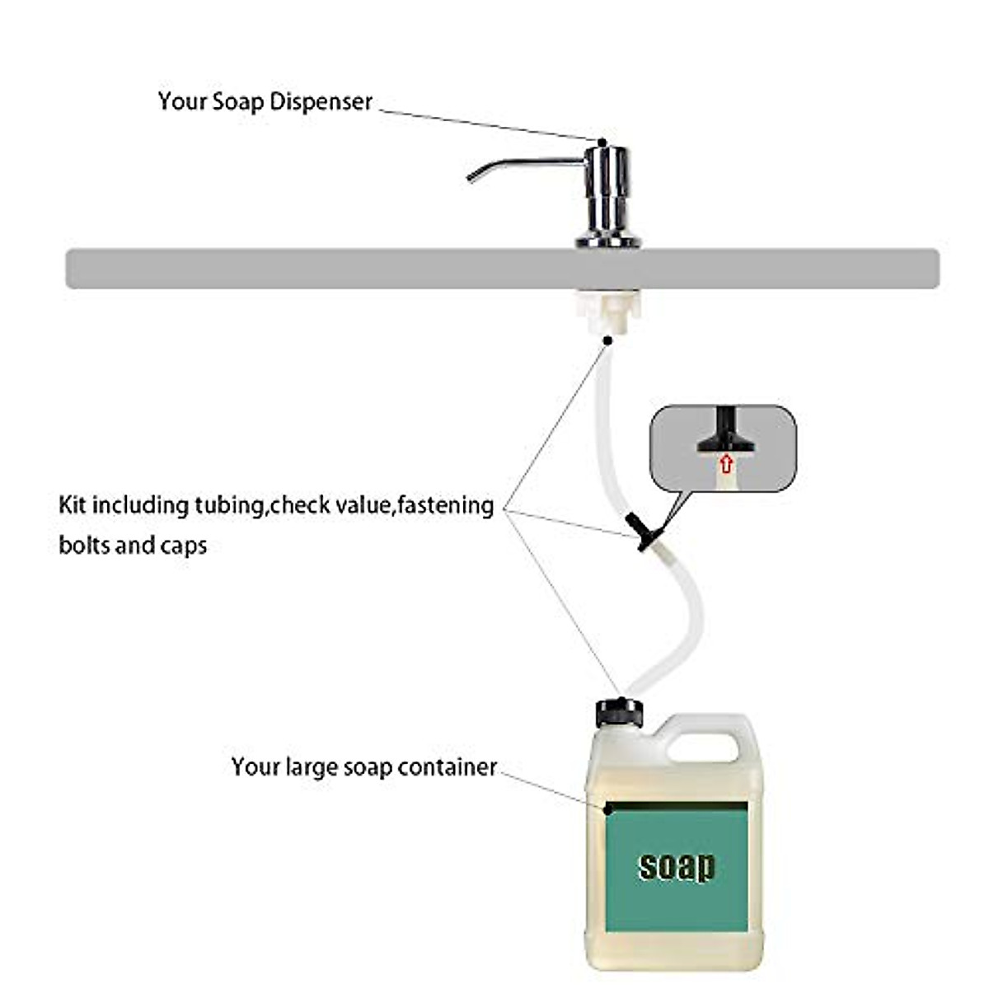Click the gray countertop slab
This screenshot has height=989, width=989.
tap(330, 269)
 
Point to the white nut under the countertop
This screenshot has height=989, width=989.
tap(607, 311)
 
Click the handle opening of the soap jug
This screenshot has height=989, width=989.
tap(702, 746)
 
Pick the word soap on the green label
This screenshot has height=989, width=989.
tap(677, 866)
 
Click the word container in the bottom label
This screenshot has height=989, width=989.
tap(447, 766)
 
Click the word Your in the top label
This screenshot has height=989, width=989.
tap(182, 101)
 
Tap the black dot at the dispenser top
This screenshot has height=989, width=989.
tap(602, 142)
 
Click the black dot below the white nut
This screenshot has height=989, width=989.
tap(607, 340)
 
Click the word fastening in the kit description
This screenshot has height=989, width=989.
tap(445, 504)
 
